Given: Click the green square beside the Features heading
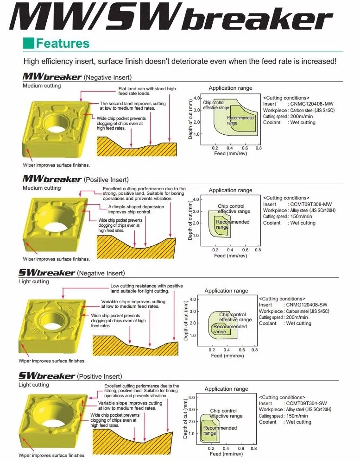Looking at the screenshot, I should point(28,44).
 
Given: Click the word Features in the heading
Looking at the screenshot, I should point(63,44).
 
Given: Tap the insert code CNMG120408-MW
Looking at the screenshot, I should point(308,104).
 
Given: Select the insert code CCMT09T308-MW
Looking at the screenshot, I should point(308,204).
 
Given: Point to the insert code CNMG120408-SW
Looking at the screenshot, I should point(307,305).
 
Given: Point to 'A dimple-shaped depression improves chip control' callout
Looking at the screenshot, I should point(136,209).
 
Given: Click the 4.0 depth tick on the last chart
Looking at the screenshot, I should point(193,398).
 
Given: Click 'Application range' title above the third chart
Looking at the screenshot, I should point(226,291).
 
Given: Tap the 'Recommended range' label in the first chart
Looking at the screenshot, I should point(240,120).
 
